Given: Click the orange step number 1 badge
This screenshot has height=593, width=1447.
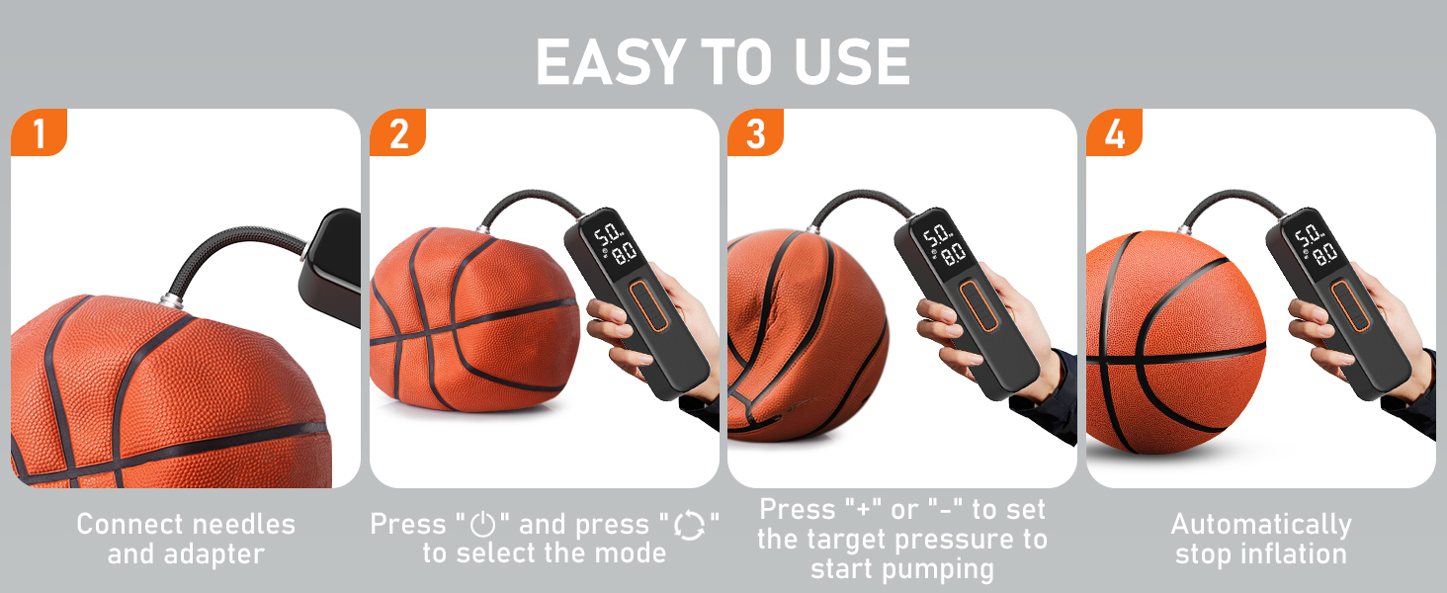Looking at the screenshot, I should (39, 133).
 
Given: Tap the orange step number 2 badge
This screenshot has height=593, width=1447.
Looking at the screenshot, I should (397, 133).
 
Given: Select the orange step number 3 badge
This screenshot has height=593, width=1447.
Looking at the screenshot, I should (756, 133).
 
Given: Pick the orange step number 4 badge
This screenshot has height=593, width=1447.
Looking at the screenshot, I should (1114, 133).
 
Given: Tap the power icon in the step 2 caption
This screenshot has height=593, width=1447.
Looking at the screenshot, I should (482, 525).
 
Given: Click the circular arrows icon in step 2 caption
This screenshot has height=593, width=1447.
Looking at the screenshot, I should (690, 525).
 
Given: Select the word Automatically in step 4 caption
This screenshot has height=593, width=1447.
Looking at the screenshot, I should (1260, 524).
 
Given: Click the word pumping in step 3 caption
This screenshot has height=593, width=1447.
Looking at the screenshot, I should (938, 569).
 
